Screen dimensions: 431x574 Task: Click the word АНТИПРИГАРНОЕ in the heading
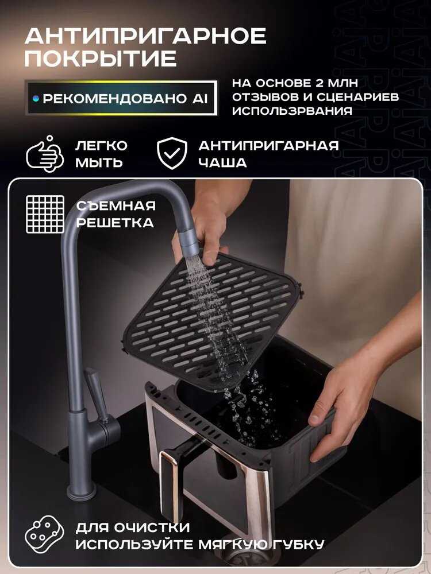145,36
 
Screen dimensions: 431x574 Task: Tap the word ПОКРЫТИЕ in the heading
101,59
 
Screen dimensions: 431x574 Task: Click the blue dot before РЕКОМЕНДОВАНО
36,99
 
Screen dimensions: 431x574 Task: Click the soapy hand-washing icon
45,154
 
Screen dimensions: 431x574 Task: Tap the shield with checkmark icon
172,153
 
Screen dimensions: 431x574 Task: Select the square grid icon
45,214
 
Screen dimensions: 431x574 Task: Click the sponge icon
44,534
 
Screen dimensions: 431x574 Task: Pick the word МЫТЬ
99,162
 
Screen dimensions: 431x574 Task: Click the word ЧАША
222,162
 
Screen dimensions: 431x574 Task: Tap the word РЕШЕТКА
115,223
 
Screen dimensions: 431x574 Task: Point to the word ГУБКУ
298,544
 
